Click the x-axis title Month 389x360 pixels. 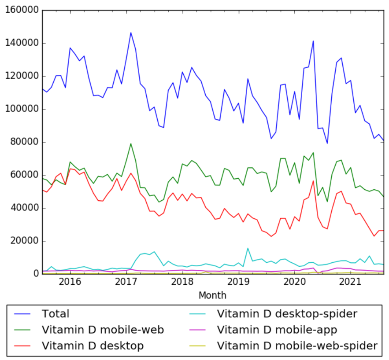(x=212, y=295)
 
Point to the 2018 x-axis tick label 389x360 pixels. (x=182, y=281)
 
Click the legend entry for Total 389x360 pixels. (x=56, y=314)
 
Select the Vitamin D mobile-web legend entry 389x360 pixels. (x=103, y=330)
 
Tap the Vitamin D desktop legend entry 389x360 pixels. (x=93, y=345)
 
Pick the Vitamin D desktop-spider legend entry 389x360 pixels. (x=287, y=314)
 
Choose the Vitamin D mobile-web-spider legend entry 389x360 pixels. (x=298, y=345)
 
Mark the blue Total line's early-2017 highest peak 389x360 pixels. (x=131, y=33)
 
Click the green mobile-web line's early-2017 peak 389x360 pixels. (x=131, y=143)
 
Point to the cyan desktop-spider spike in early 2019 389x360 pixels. (x=248, y=248)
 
